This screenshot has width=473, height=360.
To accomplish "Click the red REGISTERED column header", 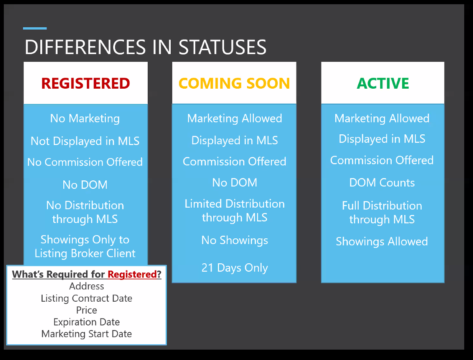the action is click(86, 83).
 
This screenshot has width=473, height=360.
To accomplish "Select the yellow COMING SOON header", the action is click(234, 83).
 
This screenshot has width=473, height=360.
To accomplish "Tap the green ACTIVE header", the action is click(383, 83).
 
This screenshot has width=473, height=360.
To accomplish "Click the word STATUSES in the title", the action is click(222, 47).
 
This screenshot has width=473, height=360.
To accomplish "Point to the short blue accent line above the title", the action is click(35, 28).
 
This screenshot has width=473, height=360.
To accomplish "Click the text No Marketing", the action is click(85, 119).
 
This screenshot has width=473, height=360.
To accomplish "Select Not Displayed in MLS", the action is click(85, 141).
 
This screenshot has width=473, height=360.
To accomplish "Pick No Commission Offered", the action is click(85, 162).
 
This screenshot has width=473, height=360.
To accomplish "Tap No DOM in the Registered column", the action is click(85, 185).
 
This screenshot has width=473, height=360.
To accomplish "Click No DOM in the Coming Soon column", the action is click(235, 183).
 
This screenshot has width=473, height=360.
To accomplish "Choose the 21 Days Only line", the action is click(235, 268).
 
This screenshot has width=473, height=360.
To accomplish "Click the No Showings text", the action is click(235, 240).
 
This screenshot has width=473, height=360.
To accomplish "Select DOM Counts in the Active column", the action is click(382, 183).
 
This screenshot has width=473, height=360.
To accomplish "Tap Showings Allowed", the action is click(382, 241).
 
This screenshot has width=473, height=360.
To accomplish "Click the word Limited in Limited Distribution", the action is click(203, 204).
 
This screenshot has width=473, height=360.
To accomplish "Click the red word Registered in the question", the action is click(132, 274).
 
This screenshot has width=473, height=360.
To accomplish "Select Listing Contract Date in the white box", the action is click(87, 299).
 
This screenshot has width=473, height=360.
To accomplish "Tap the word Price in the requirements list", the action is click(87, 310).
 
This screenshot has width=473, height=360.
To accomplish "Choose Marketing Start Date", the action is click(87, 334).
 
